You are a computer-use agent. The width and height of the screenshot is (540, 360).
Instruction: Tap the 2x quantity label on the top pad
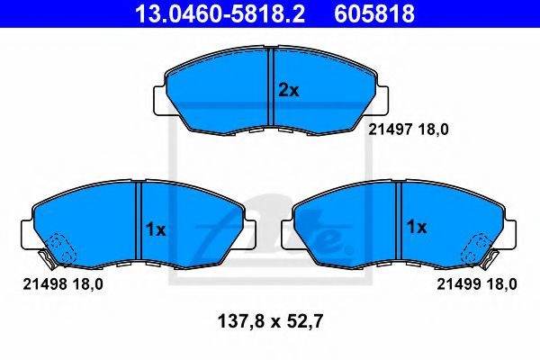click(x=287, y=90)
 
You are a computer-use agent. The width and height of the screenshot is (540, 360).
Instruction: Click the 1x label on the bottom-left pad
click(x=156, y=229)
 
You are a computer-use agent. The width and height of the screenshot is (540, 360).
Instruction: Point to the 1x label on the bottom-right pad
click(x=416, y=228)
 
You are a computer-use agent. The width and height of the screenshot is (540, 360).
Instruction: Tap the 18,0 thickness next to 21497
click(x=433, y=129)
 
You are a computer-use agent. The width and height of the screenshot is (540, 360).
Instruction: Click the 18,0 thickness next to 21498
click(x=86, y=285)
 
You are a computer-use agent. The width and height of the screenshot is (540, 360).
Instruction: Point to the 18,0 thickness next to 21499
click(x=501, y=285)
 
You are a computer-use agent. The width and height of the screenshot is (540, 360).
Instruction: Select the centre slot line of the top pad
click(x=272, y=88)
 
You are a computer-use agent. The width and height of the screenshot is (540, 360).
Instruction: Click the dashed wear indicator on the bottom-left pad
click(x=61, y=247)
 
